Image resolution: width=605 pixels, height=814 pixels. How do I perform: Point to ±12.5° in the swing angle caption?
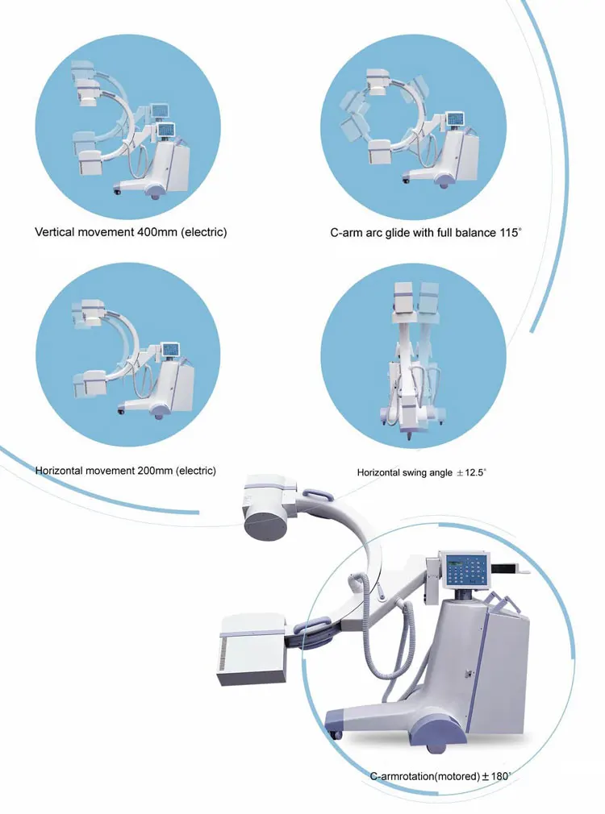coord(471,472)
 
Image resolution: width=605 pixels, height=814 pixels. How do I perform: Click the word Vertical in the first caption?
coord(57,232)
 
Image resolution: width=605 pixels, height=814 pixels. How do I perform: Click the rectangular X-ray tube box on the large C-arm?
coord(252,650)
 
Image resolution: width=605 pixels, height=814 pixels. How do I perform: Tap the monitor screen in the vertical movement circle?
coord(168,130)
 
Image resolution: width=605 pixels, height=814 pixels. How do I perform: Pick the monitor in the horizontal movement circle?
coord(170,349)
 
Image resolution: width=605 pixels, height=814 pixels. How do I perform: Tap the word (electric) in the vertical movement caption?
coord(204,232)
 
